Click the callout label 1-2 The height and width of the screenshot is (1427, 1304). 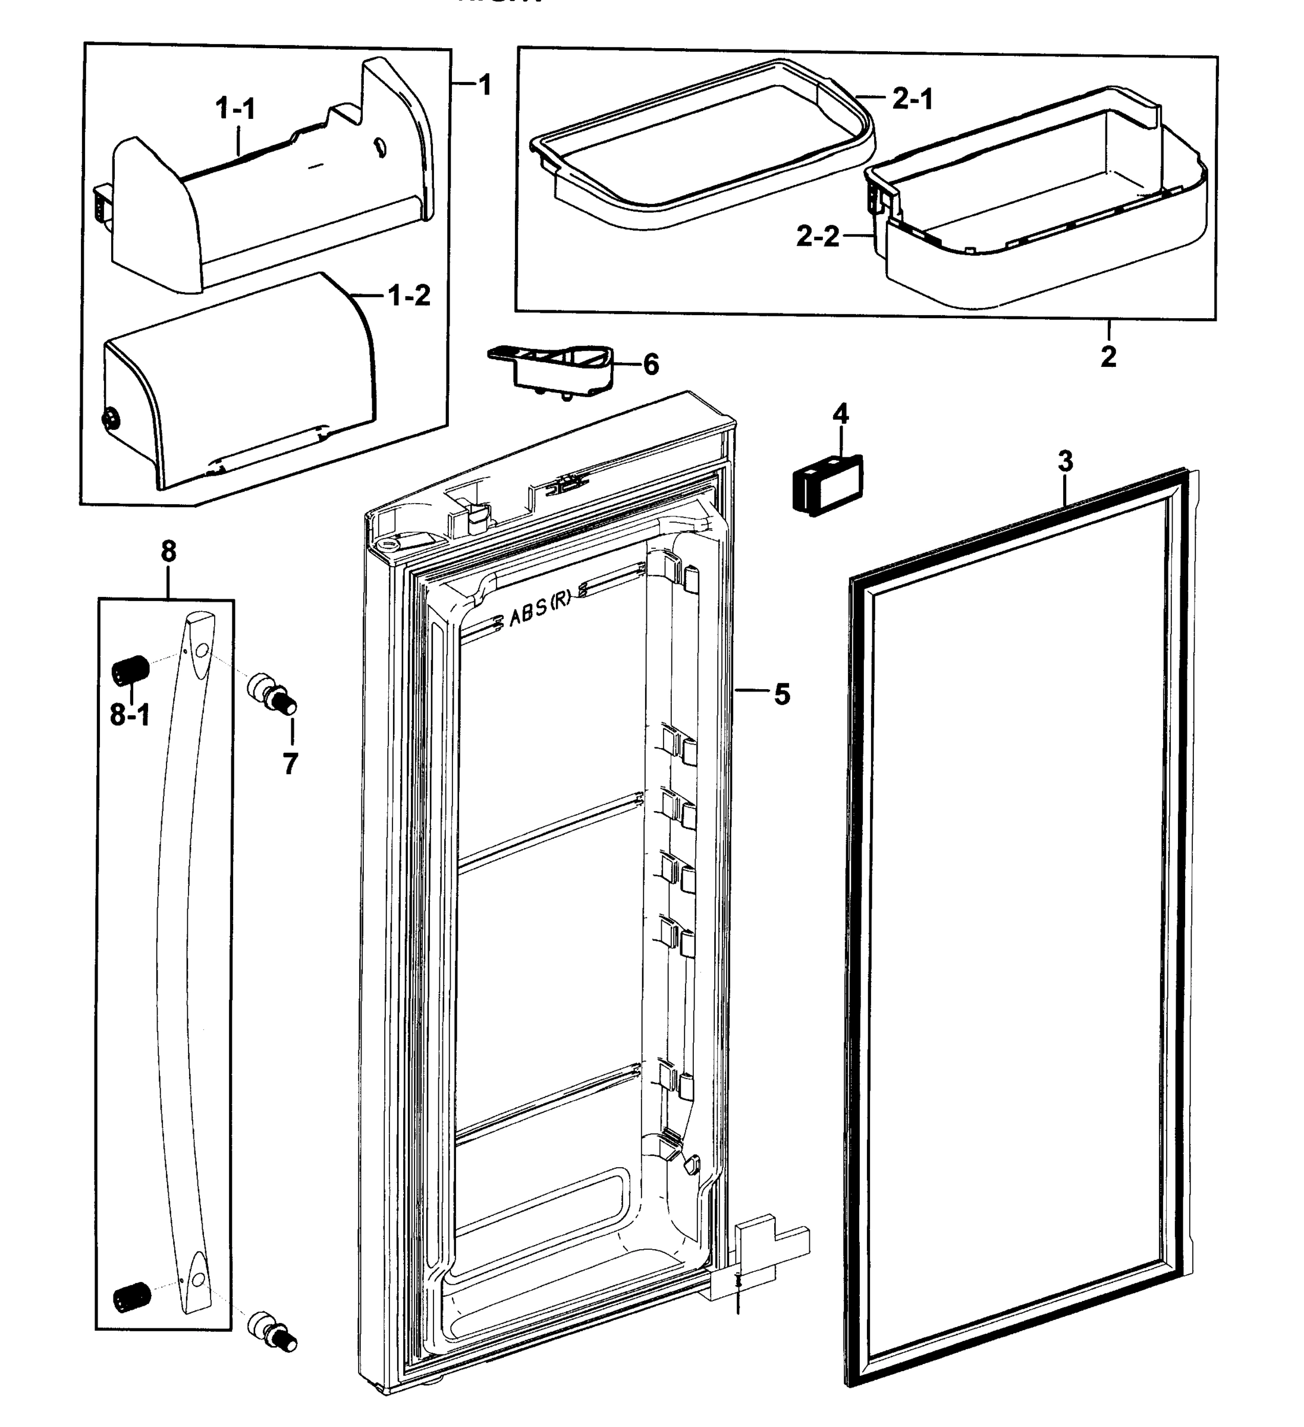(409, 295)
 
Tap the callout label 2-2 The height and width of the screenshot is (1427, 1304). (818, 237)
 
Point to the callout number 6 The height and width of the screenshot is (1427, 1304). (651, 364)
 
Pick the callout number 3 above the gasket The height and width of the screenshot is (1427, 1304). (1066, 461)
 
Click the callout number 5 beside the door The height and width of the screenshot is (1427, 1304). (781, 694)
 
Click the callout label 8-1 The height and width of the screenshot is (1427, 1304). (130, 716)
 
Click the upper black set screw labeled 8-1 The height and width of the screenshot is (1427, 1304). (130, 669)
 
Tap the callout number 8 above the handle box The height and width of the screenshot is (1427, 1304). (168, 551)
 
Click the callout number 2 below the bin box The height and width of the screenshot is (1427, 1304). (1108, 356)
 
